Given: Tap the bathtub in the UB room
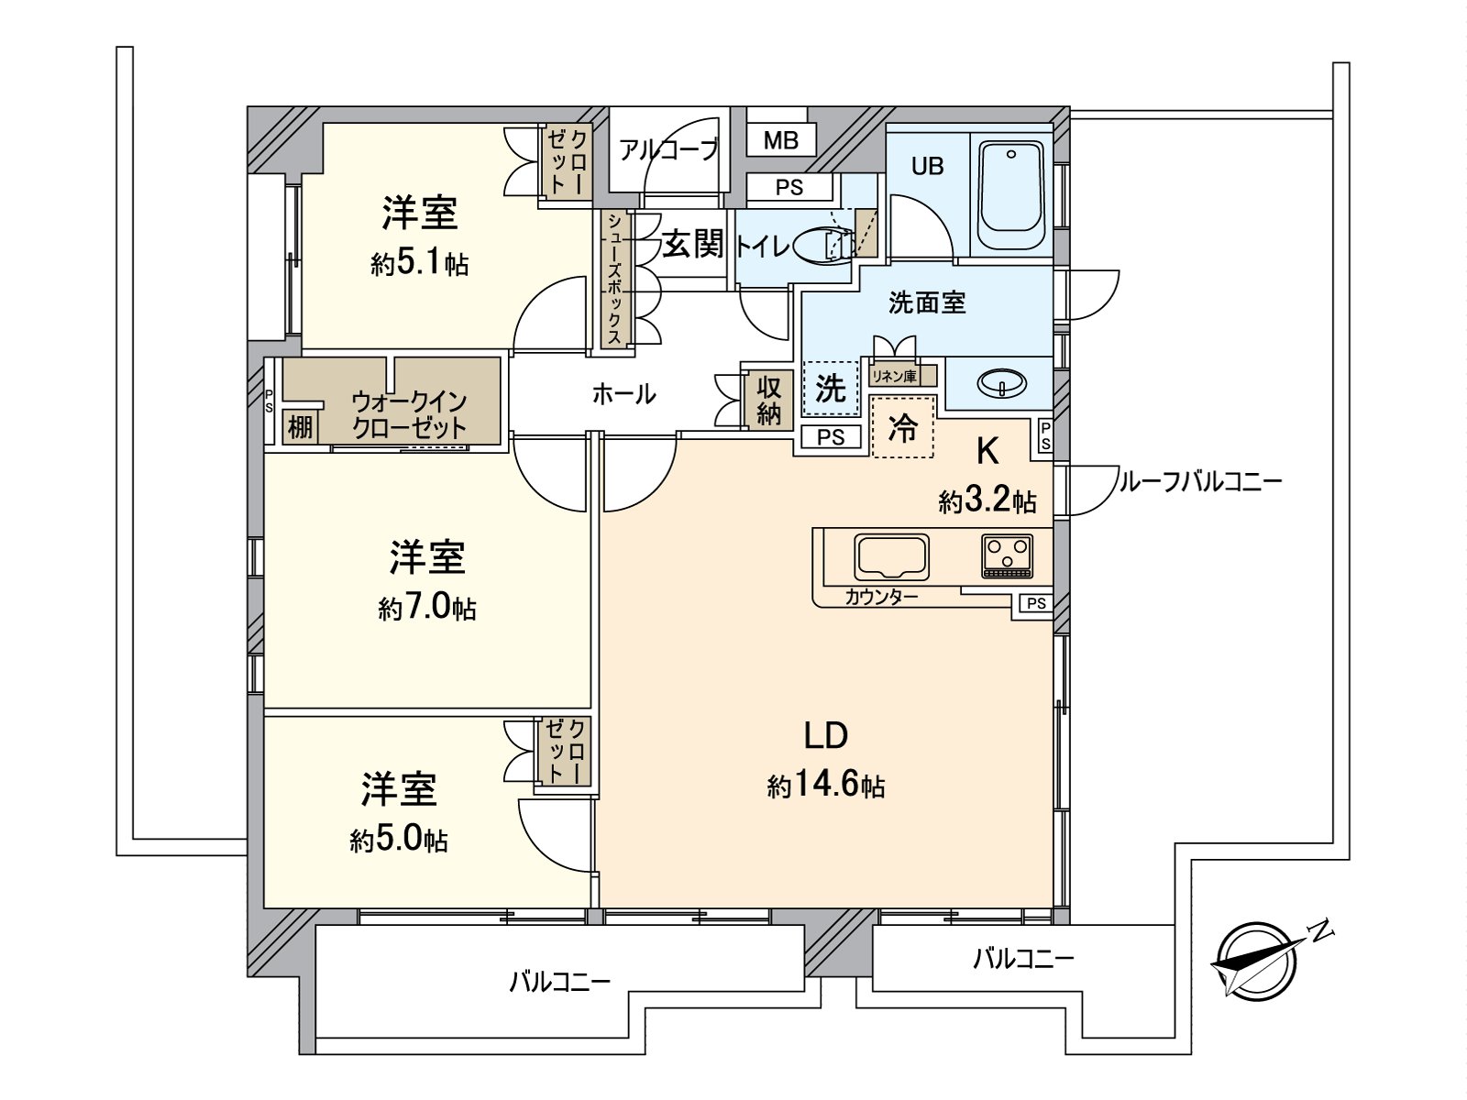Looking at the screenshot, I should coord(1011,193).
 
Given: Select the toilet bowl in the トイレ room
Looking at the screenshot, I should coord(819,245).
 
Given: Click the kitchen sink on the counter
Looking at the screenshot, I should coord(891,555).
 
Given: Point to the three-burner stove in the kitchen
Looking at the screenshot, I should coord(1007,555).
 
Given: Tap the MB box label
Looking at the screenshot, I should coord(780,140).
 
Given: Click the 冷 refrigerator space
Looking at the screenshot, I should coord(902,427).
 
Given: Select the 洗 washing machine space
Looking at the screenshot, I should coord(830,389).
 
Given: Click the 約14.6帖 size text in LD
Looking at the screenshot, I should coord(825,786).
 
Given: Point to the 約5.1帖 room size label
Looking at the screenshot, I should coord(420,265).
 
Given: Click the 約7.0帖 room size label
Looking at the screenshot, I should coord(427,609).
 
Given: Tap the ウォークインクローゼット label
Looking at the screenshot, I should coord(409,414).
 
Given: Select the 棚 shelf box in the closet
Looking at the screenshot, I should coord(300,426).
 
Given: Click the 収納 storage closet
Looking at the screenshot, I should coord(768,401).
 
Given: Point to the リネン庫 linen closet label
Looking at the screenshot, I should coord(893,375).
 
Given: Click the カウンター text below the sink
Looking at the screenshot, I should coord(881,598).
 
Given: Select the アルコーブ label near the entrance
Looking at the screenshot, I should coord(667,149).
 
